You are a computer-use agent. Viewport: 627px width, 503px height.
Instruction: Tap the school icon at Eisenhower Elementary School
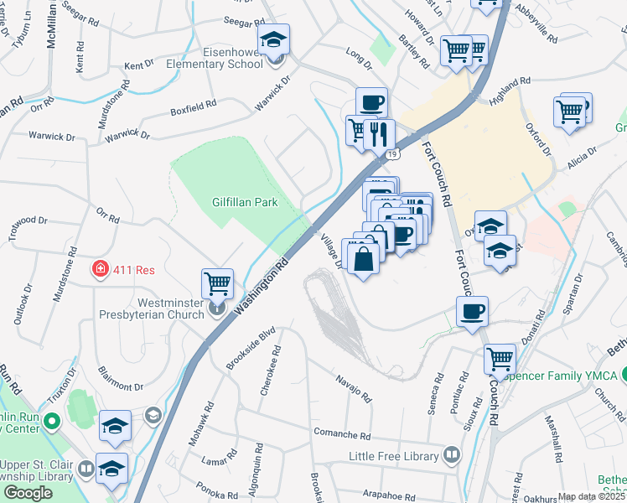point(273,39)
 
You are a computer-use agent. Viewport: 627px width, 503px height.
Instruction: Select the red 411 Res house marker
point(100,269)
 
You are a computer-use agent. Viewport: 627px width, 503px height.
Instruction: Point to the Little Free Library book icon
point(452,455)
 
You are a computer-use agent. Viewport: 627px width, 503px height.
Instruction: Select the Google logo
point(28,493)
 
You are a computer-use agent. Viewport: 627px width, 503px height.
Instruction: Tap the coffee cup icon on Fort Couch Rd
point(472,312)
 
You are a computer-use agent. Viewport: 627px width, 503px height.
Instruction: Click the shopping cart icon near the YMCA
point(500,358)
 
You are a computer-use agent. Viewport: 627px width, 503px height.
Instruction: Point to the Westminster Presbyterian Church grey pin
point(216,309)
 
